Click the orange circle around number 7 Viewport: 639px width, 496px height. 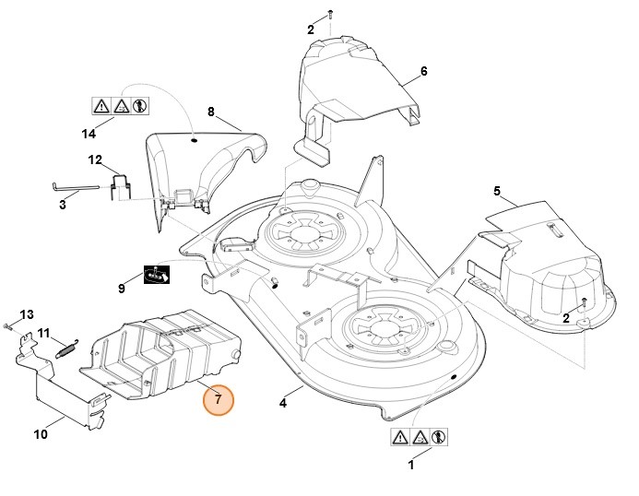tap(219, 400)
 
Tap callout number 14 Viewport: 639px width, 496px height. tap(89, 134)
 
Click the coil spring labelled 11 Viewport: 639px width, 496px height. tap(63, 348)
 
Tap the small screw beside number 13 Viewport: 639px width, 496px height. tap(7, 325)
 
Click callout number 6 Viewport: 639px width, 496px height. tap(423, 71)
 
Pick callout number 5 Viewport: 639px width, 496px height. tap(497, 191)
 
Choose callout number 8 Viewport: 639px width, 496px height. tap(210, 112)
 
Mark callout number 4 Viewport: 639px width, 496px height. tap(284, 403)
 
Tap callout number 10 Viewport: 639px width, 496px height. tap(41, 433)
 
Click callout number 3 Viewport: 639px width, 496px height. tap(63, 204)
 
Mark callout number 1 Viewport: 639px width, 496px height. tap(410, 466)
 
